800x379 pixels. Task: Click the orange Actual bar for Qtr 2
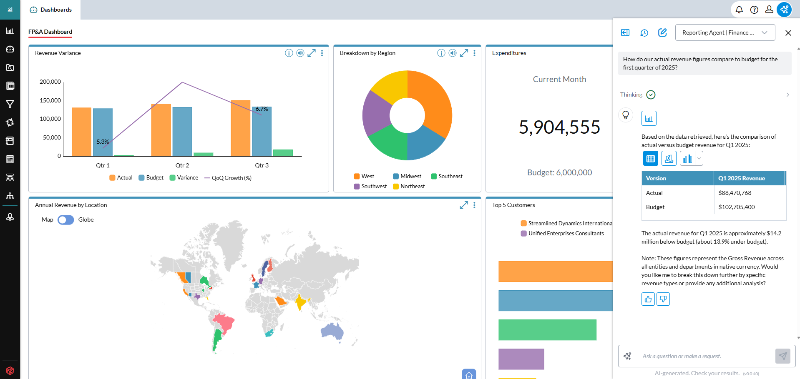point(161,130)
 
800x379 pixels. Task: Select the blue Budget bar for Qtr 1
point(103,132)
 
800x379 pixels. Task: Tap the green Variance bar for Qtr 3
point(283,153)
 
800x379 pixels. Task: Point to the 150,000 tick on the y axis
point(50,100)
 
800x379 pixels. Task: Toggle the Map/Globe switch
point(66,220)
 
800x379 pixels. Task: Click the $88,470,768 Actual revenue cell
point(735,193)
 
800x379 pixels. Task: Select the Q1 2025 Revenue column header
point(742,178)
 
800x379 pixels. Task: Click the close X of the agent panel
point(788,33)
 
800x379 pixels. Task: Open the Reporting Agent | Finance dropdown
point(725,32)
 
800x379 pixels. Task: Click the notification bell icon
point(739,10)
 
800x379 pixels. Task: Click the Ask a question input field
point(705,356)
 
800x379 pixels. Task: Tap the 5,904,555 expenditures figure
point(559,127)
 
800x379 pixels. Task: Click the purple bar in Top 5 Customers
point(521,359)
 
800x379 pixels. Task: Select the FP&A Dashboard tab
point(50,32)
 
